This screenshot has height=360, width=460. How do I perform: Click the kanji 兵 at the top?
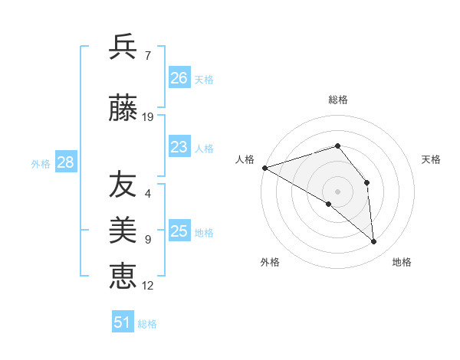(123, 47)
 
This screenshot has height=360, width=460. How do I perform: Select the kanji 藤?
(123, 107)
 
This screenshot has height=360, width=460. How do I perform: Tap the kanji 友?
(123, 184)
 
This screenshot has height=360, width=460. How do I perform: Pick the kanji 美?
(123, 229)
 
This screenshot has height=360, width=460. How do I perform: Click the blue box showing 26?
(179, 78)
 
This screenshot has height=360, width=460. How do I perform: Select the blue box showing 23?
(179, 147)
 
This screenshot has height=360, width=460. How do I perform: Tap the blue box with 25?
(179, 231)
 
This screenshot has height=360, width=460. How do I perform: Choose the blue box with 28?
(65, 162)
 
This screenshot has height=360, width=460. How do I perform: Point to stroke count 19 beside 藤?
(148, 117)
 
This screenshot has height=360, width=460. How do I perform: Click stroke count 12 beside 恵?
(148, 285)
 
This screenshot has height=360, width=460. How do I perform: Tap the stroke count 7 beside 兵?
(147, 56)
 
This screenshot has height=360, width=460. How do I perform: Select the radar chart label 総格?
(338, 100)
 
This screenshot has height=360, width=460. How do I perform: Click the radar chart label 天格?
(432, 159)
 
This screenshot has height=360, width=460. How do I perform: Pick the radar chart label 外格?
(270, 262)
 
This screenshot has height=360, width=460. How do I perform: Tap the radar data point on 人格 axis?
(264, 167)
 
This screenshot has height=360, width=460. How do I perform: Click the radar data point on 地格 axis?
(374, 241)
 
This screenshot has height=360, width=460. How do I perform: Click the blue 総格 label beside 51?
(147, 324)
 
